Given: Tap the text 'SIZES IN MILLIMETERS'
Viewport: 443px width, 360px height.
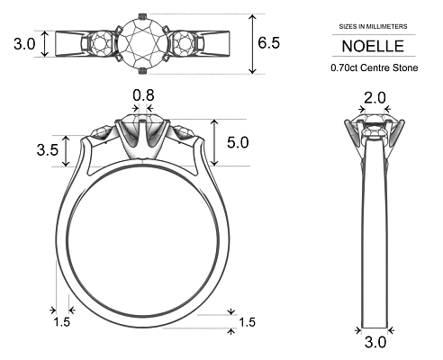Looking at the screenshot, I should click(x=374, y=28).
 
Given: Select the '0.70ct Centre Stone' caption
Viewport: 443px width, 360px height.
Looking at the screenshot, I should click(x=374, y=67).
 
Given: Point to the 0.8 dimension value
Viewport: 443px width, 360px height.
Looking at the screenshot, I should click(x=143, y=94).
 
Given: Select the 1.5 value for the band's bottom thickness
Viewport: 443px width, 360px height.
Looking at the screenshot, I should click(x=247, y=322).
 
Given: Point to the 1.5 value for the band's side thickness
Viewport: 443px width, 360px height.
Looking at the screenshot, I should click(x=61, y=322).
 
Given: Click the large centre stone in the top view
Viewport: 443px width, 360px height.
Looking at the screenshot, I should click(x=143, y=41).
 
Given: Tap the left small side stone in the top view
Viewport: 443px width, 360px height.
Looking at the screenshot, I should click(x=99, y=42).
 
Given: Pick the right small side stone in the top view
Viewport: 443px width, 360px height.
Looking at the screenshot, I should click(x=187, y=42).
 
